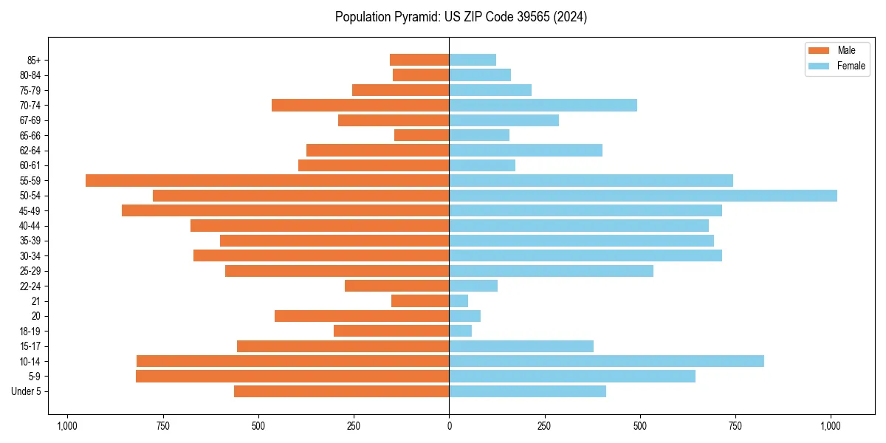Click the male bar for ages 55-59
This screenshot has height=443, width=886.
click(267, 180)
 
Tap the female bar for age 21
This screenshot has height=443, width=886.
click(459, 301)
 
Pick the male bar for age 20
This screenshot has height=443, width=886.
click(362, 316)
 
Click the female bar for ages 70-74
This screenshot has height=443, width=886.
click(543, 105)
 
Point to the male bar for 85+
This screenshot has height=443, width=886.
click(419, 60)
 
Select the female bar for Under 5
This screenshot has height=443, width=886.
click(527, 391)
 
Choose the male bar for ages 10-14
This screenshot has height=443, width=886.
click(292, 361)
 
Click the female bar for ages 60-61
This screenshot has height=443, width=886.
click(482, 165)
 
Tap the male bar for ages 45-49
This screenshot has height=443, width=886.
click(285, 210)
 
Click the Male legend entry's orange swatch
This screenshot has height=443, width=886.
click(819, 50)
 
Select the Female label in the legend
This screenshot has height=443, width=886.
click(851, 66)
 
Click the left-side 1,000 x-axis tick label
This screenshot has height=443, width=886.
click(67, 426)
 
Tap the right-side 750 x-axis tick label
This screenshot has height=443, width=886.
click(735, 426)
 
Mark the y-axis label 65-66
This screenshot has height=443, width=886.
click(30, 135)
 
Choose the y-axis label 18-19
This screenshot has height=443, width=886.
click(30, 332)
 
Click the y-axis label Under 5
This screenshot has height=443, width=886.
click(27, 391)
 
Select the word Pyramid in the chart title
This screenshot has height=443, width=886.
click(416, 17)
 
